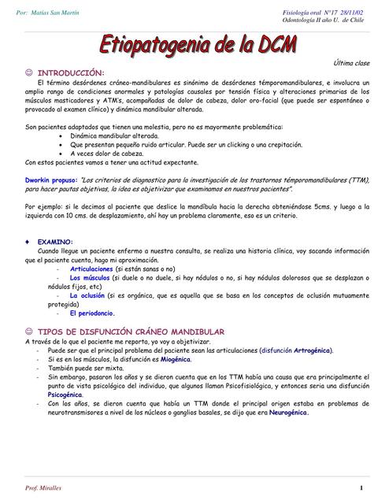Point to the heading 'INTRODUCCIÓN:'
point(71,72)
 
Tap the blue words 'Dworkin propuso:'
point(51,180)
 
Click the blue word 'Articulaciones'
point(91,269)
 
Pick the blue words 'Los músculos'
point(90,278)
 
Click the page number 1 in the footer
point(360,488)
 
